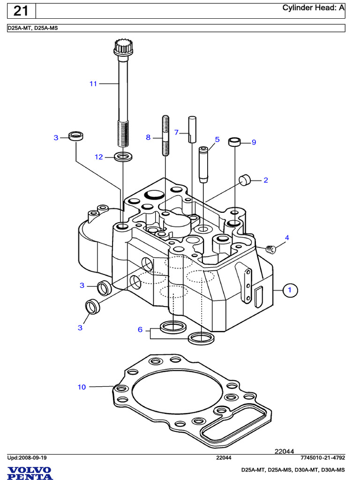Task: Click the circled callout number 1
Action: click(x=290, y=290)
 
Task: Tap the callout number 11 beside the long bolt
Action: click(x=93, y=84)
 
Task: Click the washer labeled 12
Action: click(x=123, y=156)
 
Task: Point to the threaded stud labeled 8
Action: click(x=165, y=136)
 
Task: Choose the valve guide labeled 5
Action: click(x=203, y=165)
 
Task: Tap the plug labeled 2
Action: click(x=244, y=180)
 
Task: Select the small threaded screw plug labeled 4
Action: click(x=270, y=249)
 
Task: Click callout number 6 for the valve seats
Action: click(x=140, y=330)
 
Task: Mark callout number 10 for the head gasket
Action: click(x=82, y=387)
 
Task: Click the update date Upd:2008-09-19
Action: click(x=27, y=457)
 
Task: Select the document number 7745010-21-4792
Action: click(x=322, y=457)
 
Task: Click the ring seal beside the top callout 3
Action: click(x=76, y=137)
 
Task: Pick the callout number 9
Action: click(x=254, y=142)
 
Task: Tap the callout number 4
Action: click(x=287, y=238)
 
